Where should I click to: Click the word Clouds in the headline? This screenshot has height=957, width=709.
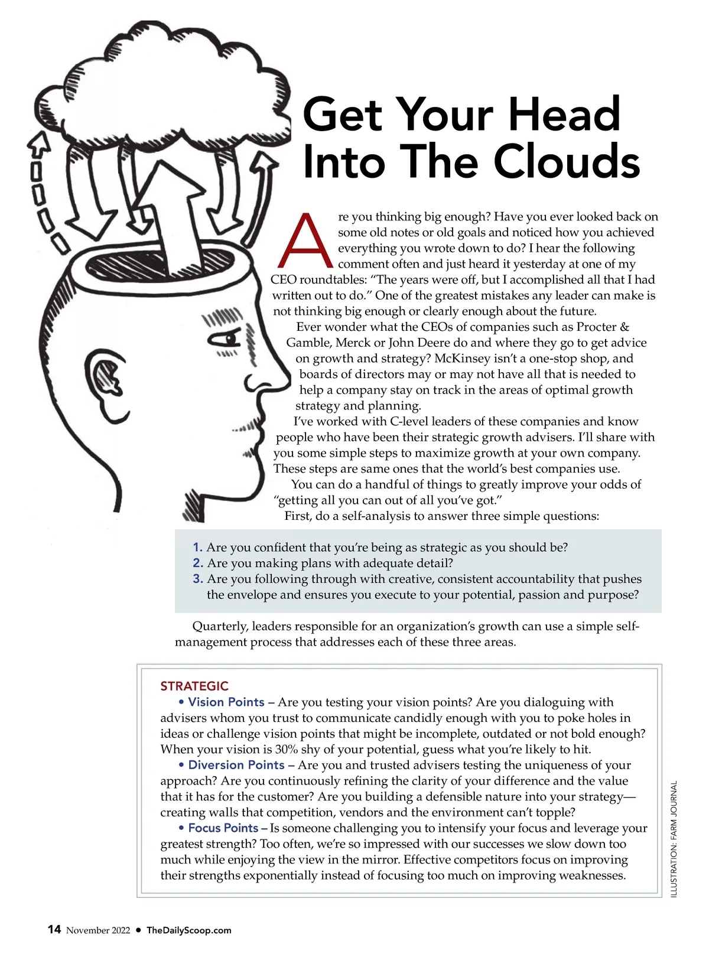(x=566, y=161)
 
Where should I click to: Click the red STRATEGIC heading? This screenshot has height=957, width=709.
(x=194, y=686)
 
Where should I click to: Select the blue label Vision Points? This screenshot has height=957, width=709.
(x=226, y=702)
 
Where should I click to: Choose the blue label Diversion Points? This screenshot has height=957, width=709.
(x=236, y=765)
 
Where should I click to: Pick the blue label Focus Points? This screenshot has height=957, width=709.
(x=223, y=828)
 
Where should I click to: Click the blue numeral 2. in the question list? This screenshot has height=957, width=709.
(x=198, y=563)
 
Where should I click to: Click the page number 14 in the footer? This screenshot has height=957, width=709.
(x=54, y=929)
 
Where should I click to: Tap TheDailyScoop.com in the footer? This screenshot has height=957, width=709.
(x=189, y=930)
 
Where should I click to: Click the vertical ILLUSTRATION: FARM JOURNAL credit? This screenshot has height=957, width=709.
(x=674, y=839)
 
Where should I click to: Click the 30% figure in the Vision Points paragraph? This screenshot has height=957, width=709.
(x=287, y=749)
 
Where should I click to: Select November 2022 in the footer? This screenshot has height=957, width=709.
(x=98, y=930)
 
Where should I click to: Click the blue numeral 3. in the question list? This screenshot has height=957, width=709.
(x=198, y=579)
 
